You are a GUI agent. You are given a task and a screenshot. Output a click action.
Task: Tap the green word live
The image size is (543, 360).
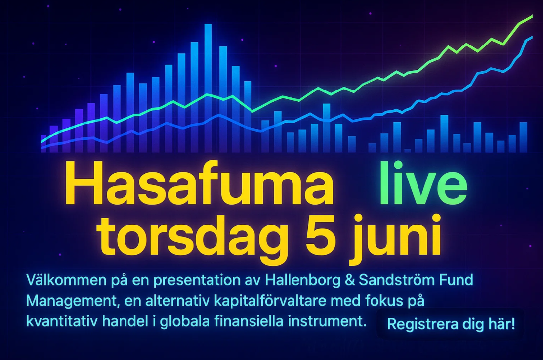[423, 183]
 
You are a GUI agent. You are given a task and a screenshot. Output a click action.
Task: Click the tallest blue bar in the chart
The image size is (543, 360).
[208, 88]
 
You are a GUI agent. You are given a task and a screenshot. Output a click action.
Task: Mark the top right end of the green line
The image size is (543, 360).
[532, 16]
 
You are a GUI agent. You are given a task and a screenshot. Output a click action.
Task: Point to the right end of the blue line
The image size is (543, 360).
[532, 37]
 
